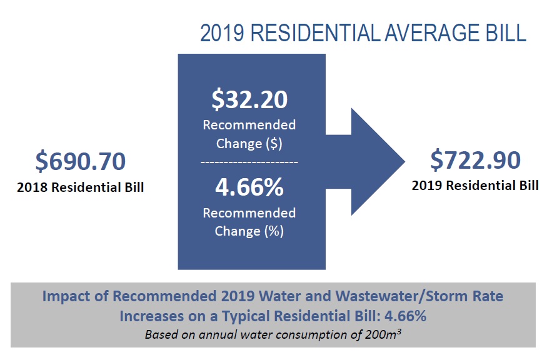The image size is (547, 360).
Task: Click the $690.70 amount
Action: pos(80,161)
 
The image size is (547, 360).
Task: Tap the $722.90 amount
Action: pos(475,161)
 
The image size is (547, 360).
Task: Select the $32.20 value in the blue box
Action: pos(249,99)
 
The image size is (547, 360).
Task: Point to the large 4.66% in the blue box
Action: pos(249,186)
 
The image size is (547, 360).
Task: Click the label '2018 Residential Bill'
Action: pos(81,187)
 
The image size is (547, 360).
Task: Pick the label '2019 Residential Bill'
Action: pos(474,186)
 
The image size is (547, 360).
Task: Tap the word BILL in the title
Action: pos(504,33)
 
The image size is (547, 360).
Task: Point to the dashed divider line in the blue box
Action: pos(249,162)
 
